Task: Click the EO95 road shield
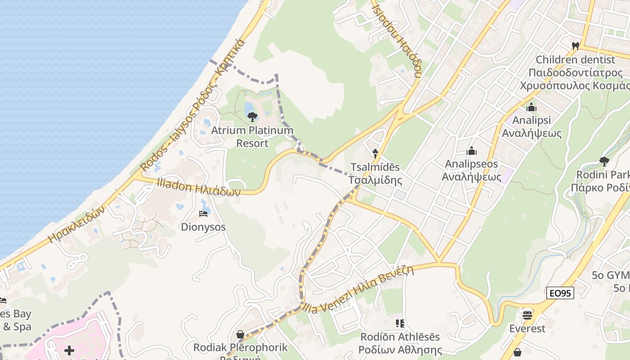pyautogui.click(x=560, y=293)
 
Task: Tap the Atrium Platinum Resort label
pyautogui.click(x=252, y=137)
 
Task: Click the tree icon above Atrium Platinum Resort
pyautogui.click(x=252, y=117)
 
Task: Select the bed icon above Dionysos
pyautogui.click(x=204, y=213)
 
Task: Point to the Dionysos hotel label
pyautogui.click(x=203, y=227)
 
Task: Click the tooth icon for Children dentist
pyautogui.click(x=575, y=46)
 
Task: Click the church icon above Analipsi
pyautogui.click(x=531, y=108)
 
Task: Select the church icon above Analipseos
pyautogui.click(x=472, y=151)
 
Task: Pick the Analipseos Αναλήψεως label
pyautogui.click(x=472, y=170)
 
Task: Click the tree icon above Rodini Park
pyautogui.click(x=604, y=161)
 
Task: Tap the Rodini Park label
pyautogui.click(x=603, y=181)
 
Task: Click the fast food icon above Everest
pyautogui.click(x=527, y=314)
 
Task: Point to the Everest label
pyautogui.click(x=527, y=328)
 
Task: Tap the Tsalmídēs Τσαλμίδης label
pyautogui.click(x=375, y=174)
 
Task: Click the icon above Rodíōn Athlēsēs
pyautogui.click(x=400, y=323)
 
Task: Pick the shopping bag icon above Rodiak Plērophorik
pyautogui.click(x=240, y=334)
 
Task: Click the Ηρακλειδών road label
pyautogui.click(x=76, y=224)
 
